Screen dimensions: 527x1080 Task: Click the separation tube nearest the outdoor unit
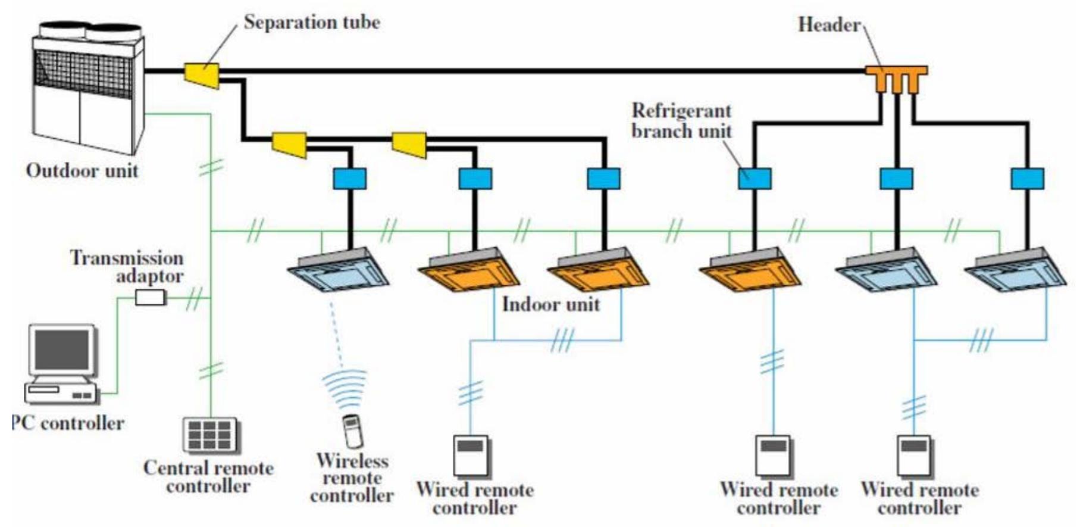coord(202,75)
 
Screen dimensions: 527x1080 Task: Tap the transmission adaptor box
coord(150,297)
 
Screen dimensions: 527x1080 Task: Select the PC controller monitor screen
coord(62,350)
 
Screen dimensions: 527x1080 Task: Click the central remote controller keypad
coord(209,435)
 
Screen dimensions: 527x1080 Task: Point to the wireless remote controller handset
coord(352,431)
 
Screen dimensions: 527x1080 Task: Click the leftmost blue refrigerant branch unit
coord(349,179)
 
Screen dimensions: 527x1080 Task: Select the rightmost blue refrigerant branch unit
coord(1027,179)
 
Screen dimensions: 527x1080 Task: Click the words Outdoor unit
coord(82,171)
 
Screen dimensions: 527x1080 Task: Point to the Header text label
coord(829,24)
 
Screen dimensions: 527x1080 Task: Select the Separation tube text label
coord(312,23)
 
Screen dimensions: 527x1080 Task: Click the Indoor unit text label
coord(550,304)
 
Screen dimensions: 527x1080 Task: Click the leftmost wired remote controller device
coord(471,456)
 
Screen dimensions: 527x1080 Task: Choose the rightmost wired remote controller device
coord(914,456)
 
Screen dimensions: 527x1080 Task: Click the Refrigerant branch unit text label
coord(681,120)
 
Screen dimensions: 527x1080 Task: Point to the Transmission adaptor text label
coord(127,266)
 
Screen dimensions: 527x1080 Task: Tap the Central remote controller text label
coord(208,476)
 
